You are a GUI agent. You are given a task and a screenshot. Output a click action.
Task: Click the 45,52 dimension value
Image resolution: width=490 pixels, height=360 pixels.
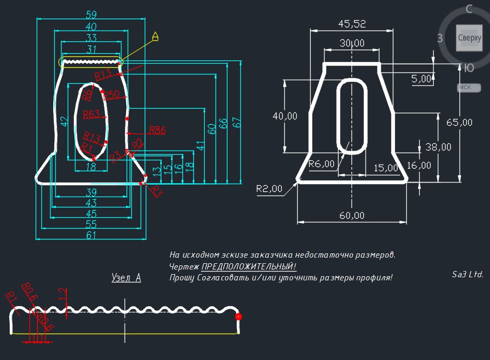[351, 23]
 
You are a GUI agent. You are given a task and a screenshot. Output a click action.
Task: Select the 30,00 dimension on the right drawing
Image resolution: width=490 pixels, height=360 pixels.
[351, 43]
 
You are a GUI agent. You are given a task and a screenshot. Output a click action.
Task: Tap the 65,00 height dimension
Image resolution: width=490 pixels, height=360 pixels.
[459, 123]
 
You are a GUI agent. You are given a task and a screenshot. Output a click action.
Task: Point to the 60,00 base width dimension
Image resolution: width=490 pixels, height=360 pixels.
[351, 215]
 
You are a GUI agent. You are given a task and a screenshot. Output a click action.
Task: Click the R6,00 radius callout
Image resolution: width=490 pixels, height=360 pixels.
[321, 164]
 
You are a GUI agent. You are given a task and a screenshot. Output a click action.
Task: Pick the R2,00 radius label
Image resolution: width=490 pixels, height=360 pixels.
[269, 189]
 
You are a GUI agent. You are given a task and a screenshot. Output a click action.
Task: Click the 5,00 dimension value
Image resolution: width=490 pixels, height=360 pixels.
[421, 79]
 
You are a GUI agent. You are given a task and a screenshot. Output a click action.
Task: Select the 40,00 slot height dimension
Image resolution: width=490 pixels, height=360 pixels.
[285, 116]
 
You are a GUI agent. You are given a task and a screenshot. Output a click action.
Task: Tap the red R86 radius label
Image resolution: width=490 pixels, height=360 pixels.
[157, 130]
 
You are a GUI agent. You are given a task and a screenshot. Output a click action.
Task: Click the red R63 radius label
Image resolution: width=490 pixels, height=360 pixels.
[91, 114]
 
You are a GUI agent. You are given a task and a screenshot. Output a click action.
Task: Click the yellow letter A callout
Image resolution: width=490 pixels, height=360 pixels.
[155, 36]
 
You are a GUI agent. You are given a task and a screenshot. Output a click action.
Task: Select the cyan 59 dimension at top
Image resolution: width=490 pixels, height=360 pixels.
[90, 14]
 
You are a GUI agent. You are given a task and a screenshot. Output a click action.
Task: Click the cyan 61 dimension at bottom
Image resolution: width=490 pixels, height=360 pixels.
[90, 235]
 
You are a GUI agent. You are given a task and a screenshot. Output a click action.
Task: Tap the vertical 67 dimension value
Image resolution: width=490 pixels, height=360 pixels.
[237, 123]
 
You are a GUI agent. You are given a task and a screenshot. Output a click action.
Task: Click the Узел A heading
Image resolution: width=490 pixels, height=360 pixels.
[126, 278]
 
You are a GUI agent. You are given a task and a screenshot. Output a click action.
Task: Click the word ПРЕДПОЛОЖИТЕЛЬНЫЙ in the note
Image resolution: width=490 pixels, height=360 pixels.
[249, 266]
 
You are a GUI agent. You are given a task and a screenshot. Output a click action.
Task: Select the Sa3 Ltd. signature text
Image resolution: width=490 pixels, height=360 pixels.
[467, 275]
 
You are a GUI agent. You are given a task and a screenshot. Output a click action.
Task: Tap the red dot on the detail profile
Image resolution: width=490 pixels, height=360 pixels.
[238, 317]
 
